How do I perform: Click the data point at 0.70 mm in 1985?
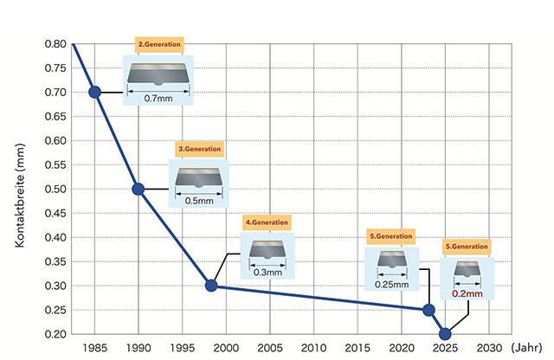[x=95, y=92]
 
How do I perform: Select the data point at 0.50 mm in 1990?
[x=138, y=189]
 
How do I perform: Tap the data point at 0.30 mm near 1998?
[x=210, y=286]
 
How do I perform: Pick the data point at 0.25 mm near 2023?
[x=428, y=310]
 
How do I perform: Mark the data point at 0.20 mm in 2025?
[x=446, y=334]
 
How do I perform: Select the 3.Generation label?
[x=200, y=149]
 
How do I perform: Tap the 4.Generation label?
[x=267, y=222]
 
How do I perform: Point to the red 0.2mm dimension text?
[x=467, y=294]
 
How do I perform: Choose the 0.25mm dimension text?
[x=391, y=284]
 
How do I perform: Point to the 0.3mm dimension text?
[x=267, y=272]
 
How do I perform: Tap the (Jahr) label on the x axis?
[x=527, y=349]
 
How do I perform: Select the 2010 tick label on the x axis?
[x=313, y=349]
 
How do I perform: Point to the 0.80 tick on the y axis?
[x=55, y=44]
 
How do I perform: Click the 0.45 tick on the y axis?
[x=55, y=214]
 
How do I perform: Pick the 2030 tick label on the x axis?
[x=489, y=349]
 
